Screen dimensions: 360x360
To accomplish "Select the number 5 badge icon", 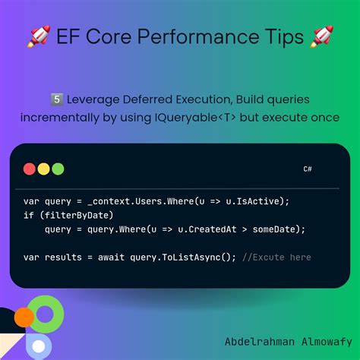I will click(55, 99).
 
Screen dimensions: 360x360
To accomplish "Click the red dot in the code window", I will click(30, 169).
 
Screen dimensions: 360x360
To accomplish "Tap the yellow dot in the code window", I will click(43, 169).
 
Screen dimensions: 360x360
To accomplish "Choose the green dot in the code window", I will click(58, 169).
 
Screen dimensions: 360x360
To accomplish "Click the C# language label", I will click(308, 169).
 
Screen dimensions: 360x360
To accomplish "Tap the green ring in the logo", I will click(48, 315).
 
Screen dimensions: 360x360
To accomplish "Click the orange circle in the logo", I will click(24, 317).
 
